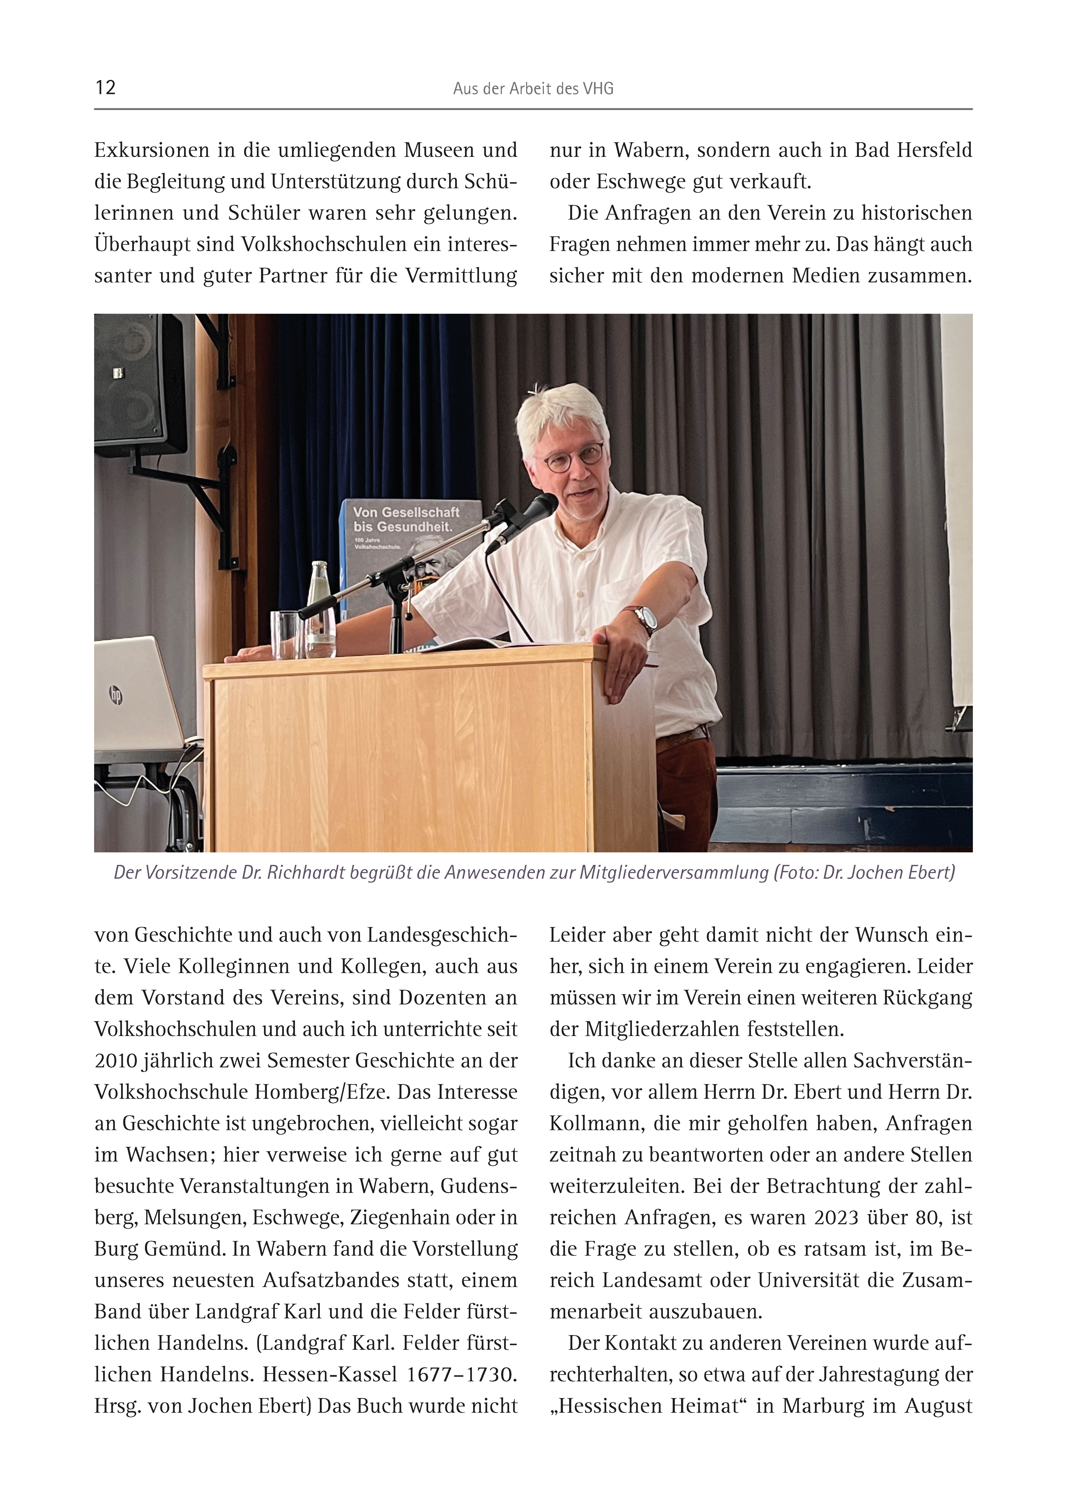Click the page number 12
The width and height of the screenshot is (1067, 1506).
point(105,88)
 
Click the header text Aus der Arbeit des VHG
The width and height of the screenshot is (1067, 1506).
point(533,89)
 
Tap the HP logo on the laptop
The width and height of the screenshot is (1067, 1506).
point(116,695)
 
